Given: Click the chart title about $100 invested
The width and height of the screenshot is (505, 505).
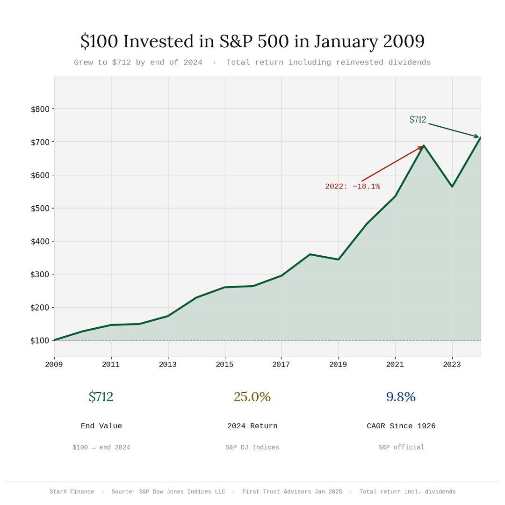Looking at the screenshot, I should pos(252,41).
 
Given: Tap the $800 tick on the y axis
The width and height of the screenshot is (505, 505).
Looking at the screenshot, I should pos(40,109).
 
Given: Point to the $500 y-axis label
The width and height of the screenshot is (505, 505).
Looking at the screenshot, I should pos(40,208).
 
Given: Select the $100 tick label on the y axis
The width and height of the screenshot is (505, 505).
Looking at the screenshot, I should pos(40,340).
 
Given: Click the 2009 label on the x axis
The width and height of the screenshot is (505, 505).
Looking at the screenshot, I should pos(54,365).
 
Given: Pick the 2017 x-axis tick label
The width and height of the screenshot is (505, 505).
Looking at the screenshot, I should pos(281,365).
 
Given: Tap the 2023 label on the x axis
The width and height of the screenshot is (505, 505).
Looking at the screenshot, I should pos(452,365).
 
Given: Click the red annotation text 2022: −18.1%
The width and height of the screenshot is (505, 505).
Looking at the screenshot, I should pos(353,187).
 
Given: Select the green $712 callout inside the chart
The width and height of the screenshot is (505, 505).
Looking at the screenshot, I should pos(418,120).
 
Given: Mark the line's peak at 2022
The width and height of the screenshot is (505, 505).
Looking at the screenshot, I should pos(424,145).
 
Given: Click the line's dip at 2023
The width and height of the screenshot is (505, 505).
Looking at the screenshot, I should pos(452,187).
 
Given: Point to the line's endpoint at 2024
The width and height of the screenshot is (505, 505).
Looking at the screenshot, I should pos(480,137).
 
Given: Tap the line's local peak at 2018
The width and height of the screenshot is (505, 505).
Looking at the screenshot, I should pos(310,254).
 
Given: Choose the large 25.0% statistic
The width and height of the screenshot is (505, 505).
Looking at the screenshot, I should pos(252,397).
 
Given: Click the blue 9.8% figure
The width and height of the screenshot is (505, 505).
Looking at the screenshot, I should pos(401,397).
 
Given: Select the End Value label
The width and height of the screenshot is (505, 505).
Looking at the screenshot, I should pos(101,426).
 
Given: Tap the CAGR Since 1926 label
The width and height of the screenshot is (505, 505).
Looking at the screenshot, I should pos(401,426).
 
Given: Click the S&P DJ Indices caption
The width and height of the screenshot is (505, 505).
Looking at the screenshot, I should pos(252,447).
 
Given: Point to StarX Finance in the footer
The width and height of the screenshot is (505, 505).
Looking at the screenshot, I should pos(72,492).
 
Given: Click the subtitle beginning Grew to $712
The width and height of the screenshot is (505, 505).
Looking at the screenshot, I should pos(252,63).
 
